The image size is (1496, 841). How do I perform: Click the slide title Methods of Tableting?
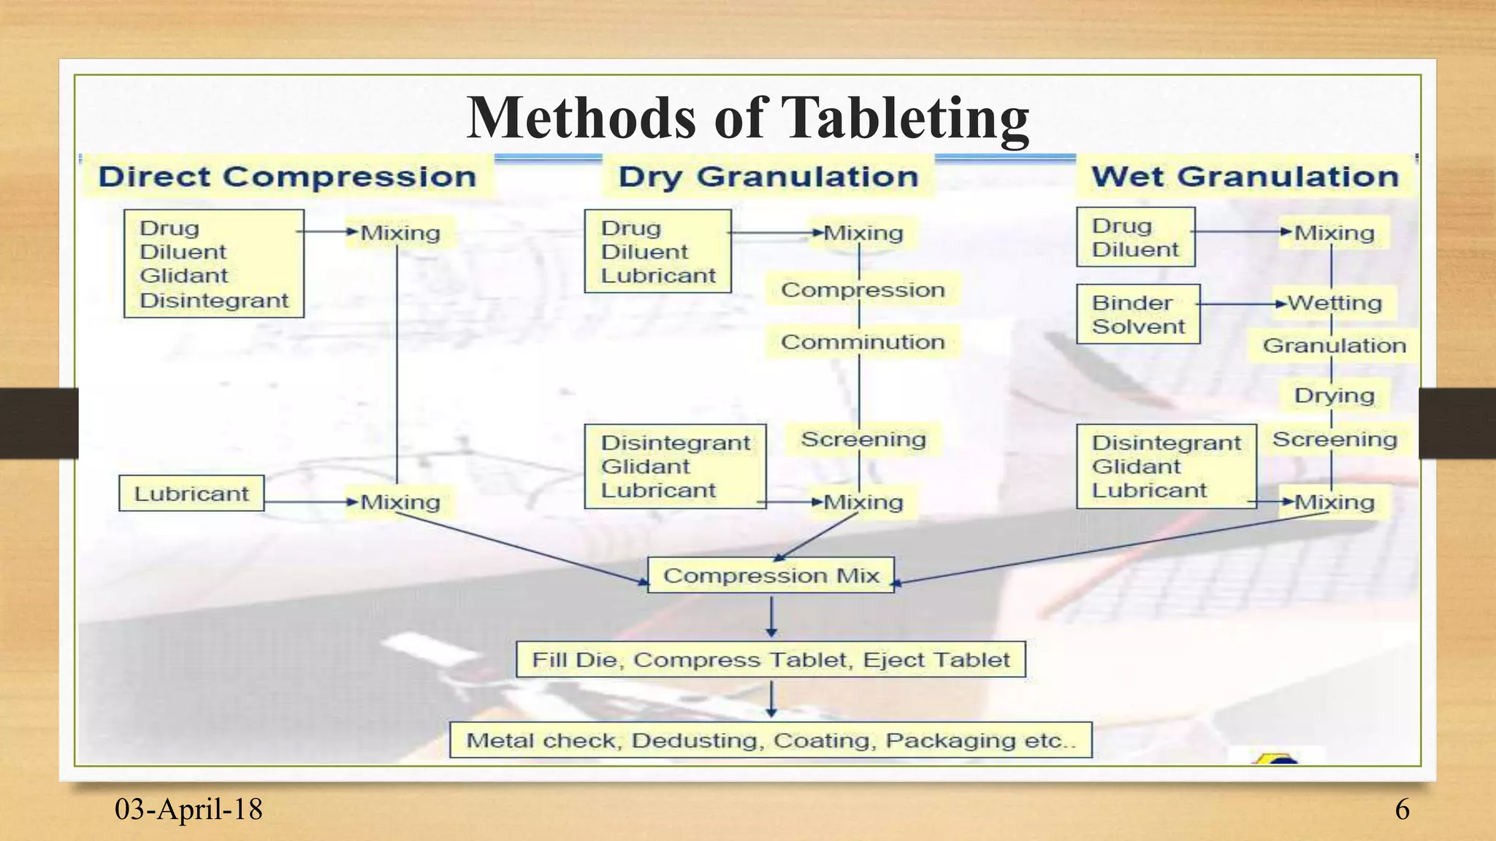point(747,118)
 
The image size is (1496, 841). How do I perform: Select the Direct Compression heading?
point(287,177)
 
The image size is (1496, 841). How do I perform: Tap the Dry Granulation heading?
point(768,177)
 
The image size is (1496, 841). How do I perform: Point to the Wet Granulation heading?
point(1245,177)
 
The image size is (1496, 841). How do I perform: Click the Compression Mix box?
point(771,575)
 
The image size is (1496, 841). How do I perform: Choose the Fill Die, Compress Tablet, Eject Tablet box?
point(771,659)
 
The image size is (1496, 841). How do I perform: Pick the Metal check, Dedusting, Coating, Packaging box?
point(771,740)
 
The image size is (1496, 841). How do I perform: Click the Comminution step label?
point(863,342)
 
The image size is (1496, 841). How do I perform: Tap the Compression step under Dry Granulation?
point(863,290)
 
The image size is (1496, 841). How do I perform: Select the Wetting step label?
point(1335,303)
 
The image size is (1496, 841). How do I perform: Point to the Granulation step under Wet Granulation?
point(1335,345)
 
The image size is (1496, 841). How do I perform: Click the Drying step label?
point(1335,396)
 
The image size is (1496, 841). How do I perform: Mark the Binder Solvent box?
point(1138,315)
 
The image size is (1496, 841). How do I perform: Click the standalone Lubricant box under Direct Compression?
point(191,494)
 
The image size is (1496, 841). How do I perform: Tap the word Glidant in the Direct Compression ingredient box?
point(184,276)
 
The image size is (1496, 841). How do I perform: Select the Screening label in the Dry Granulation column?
point(863,439)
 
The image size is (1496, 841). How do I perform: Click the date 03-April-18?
point(188,810)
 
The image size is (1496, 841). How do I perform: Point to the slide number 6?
point(1402,810)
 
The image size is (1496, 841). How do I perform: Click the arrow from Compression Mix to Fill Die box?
point(772,616)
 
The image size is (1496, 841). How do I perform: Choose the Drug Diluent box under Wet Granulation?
point(1135,237)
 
